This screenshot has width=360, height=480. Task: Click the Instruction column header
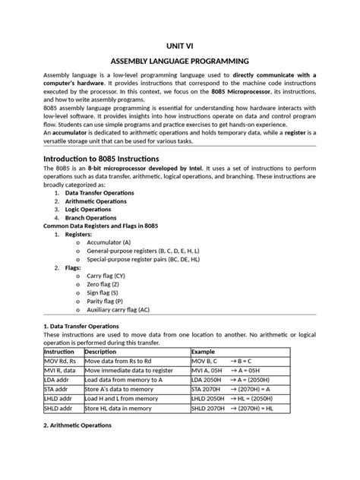point(59,352)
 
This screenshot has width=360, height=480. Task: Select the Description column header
point(100,352)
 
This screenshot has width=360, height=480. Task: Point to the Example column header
point(204,352)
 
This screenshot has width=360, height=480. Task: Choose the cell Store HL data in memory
point(122,408)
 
